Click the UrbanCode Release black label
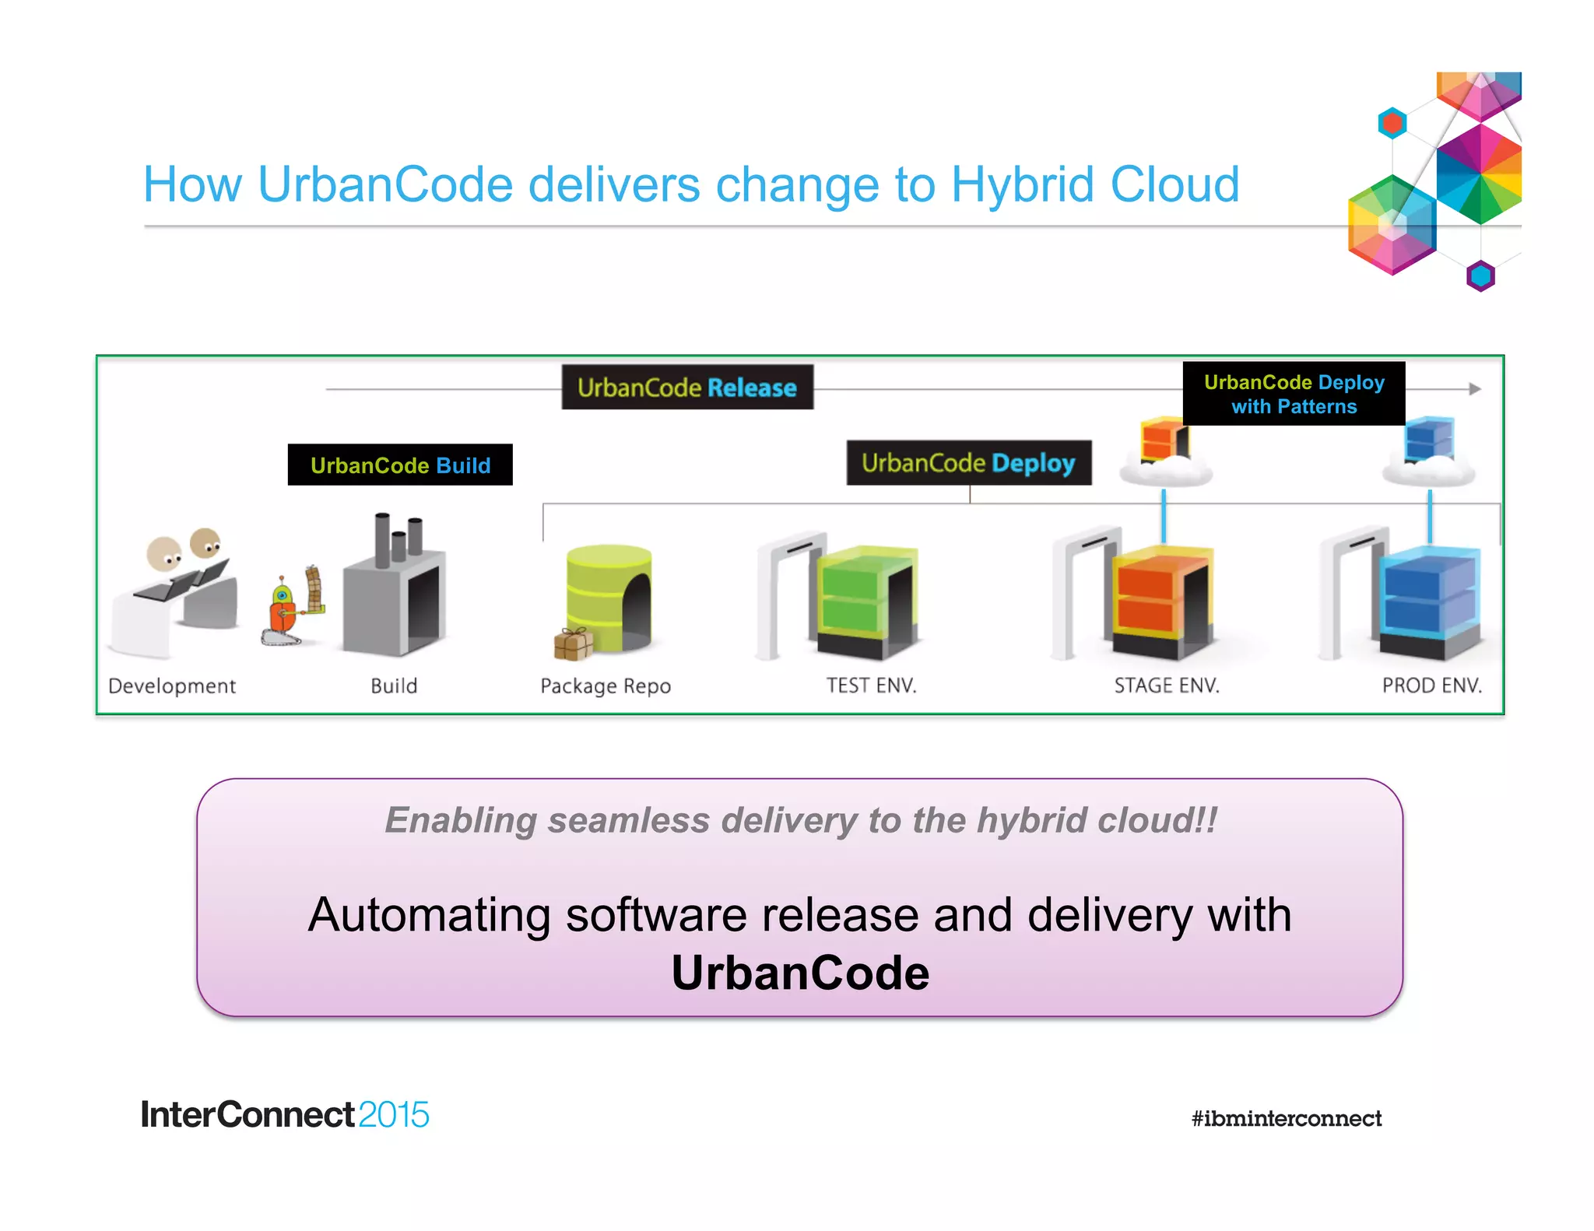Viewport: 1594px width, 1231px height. (x=687, y=387)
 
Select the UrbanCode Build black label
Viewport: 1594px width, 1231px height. (x=400, y=465)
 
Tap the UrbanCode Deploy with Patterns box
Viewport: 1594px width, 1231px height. (x=1294, y=394)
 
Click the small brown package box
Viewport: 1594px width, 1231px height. (x=573, y=644)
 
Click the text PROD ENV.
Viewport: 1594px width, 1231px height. (x=1432, y=686)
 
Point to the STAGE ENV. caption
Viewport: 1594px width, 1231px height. (x=1166, y=686)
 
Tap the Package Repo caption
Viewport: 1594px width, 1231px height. (x=606, y=686)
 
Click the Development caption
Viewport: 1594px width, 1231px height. (x=172, y=686)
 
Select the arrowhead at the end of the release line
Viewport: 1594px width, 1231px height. (x=1474, y=389)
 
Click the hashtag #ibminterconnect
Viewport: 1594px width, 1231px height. (x=1286, y=1119)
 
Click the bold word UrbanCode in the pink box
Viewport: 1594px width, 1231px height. (x=800, y=973)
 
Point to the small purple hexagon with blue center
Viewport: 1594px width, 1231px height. (x=1480, y=276)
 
